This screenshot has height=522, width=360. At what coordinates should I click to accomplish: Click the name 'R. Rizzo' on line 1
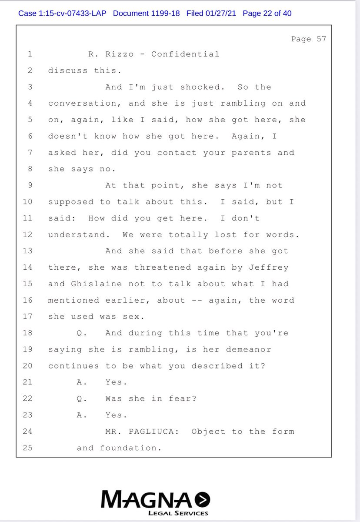pyautogui.click(x=106, y=54)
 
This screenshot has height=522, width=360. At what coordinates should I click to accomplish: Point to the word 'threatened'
pyautogui.click(x=159, y=268)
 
